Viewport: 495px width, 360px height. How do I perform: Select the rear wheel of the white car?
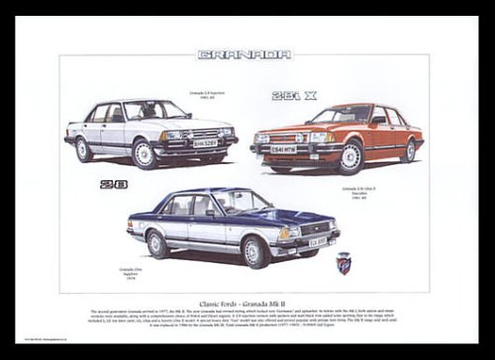pos(84,148)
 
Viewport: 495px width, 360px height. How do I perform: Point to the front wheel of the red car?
pos(349,157)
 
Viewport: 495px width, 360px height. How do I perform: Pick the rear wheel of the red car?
pos(409,149)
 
